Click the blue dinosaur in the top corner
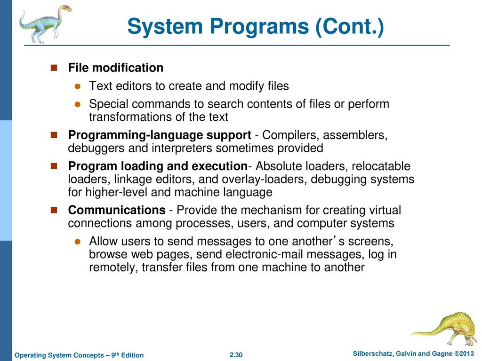(45, 24)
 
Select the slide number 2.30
(236, 355)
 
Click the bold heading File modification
(116, 68)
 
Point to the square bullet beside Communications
(54, 210)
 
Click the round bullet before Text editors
(78, 86)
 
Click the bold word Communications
(117, 210)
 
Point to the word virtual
(385, 210)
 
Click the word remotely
(113, 267)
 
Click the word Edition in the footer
(132, 355)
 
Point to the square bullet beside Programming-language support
(54, 135)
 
